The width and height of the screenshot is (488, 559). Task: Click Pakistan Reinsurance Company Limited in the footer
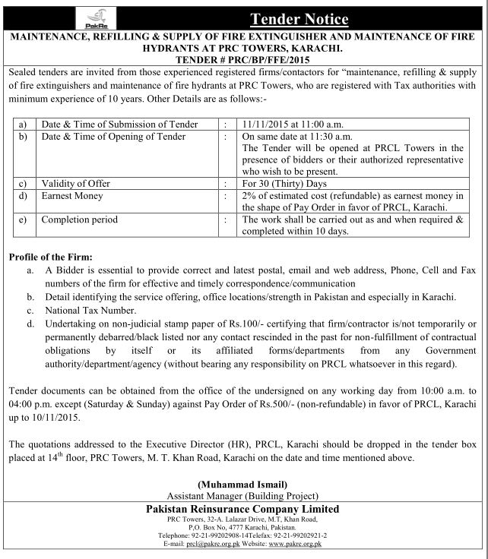coord(244,508)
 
